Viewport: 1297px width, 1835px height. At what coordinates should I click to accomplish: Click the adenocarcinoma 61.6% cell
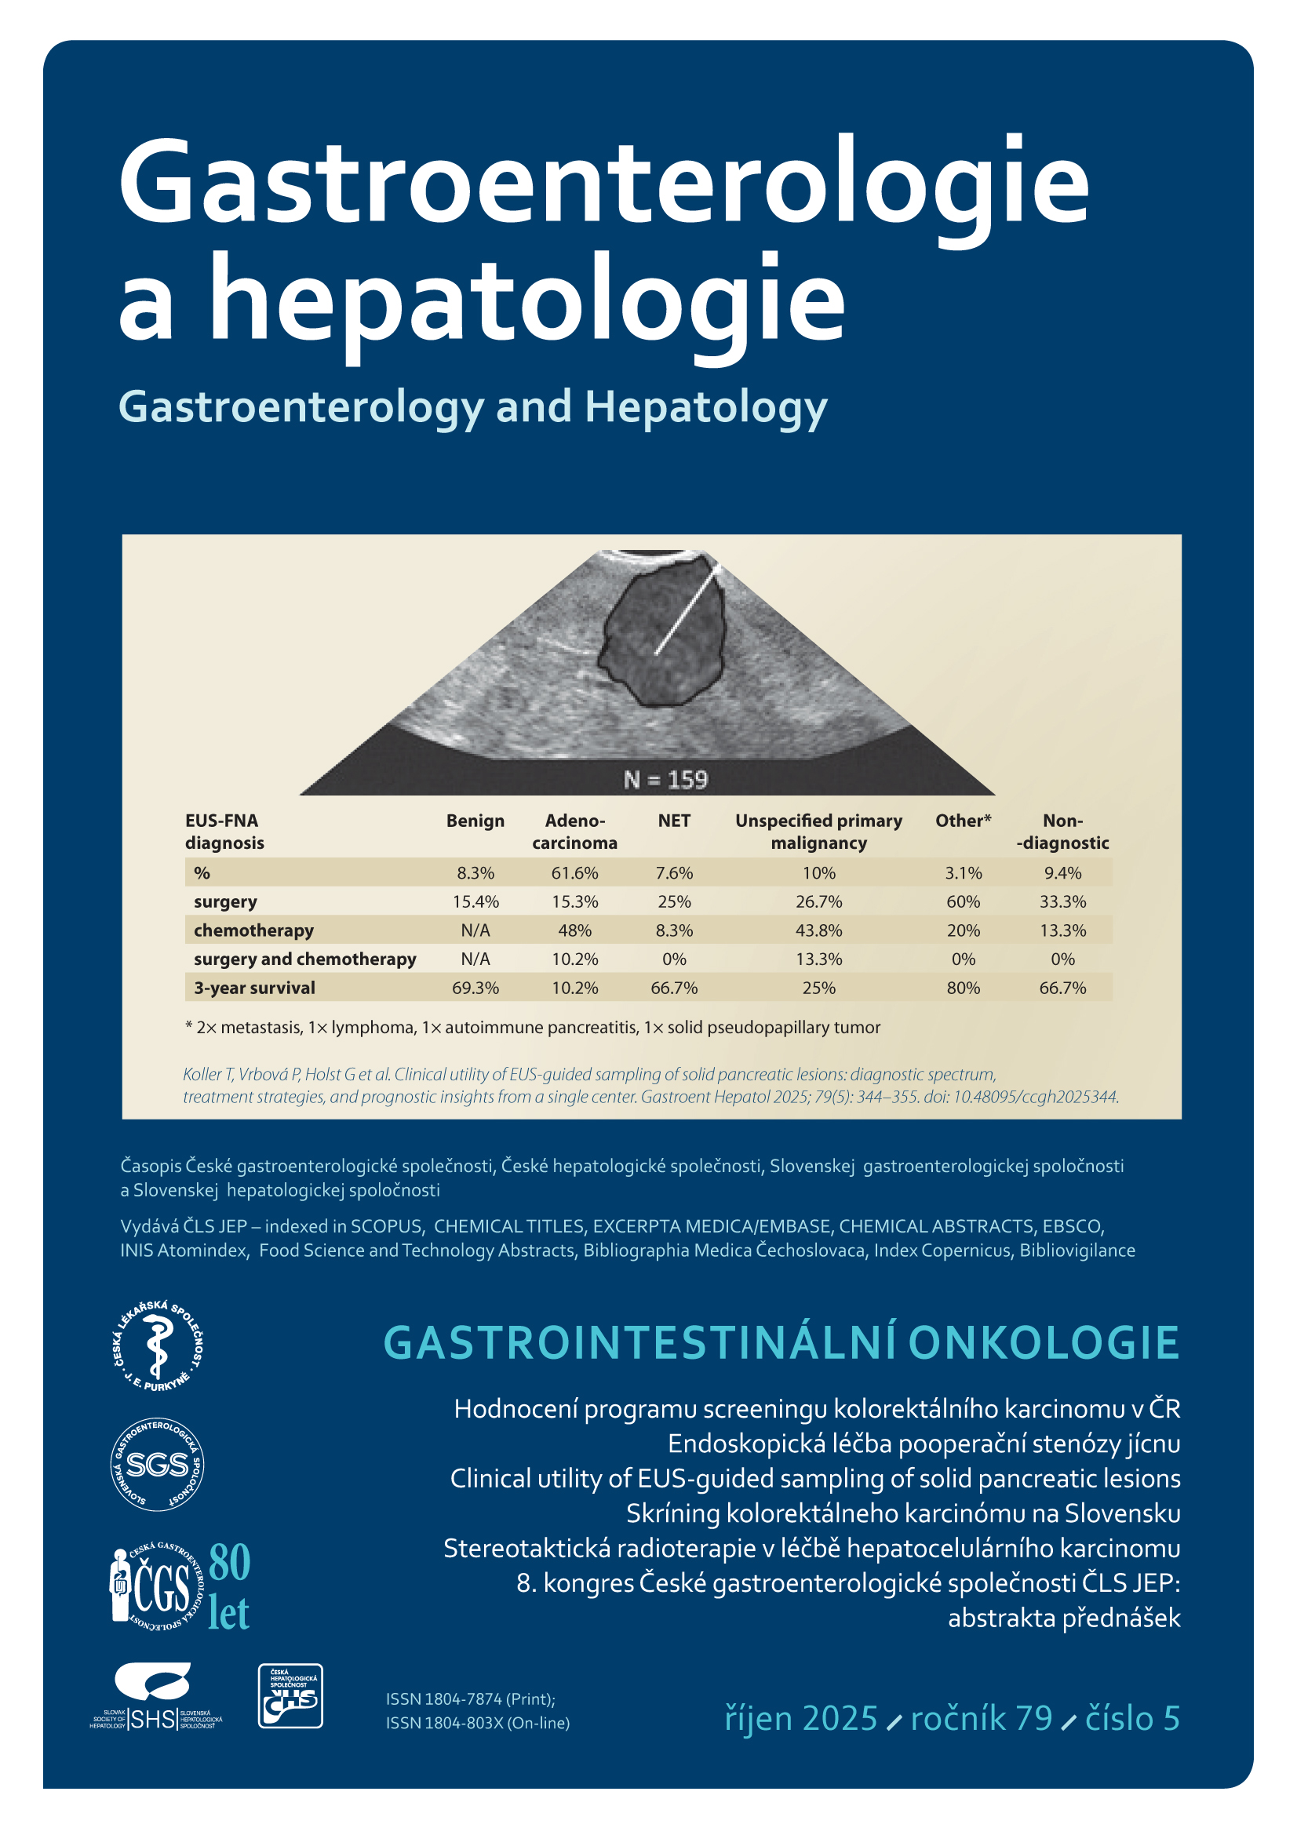pyautogui.click(x=574, y=872)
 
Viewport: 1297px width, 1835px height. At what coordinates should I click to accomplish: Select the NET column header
pyautogui.click(x=674, y=821)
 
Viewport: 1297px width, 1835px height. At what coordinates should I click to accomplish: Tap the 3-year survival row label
pyautogui.click(x=254, y=988)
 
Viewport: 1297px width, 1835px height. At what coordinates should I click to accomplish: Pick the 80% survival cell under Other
pyautogui.click(x=963, y=988)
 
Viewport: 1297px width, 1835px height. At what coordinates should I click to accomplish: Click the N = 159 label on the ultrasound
pyautogui.click(x=665, y=779)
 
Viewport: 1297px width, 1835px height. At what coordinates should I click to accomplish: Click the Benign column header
pyautogui.click(x=475, y=821)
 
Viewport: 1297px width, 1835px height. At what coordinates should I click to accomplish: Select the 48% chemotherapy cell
pyautogui.click(x=574, y=930)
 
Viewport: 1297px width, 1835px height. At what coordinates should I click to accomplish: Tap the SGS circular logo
pyautogui.click(x=157, y=1464)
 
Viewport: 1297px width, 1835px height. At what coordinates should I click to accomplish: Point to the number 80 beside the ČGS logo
pyautogui.click(x=229, y=1563)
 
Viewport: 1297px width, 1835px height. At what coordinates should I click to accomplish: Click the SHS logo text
pyautogui.click(x=153, y=1718)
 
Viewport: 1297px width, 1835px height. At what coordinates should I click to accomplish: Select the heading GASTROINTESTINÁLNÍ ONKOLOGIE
pyautogui.click(x=781, y=1342)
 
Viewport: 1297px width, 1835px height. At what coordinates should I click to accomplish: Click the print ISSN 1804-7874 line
pyautogui.click(x=470, y=1698)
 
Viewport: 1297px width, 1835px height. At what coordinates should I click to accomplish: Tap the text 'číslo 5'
pyautogui.click(x=1131, y=1718)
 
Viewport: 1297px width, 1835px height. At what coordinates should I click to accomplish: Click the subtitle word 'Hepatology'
pyautogui.click(x=705, y=407)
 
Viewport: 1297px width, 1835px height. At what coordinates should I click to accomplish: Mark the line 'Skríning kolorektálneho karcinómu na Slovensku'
pyautogui.click(x=902, y=1513)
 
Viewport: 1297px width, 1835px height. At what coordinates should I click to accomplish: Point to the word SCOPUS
pyautogui.click(x=385, y=1226)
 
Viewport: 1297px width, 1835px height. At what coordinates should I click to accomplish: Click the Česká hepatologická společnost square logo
pyautogui.click(x=290, y=1696)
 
